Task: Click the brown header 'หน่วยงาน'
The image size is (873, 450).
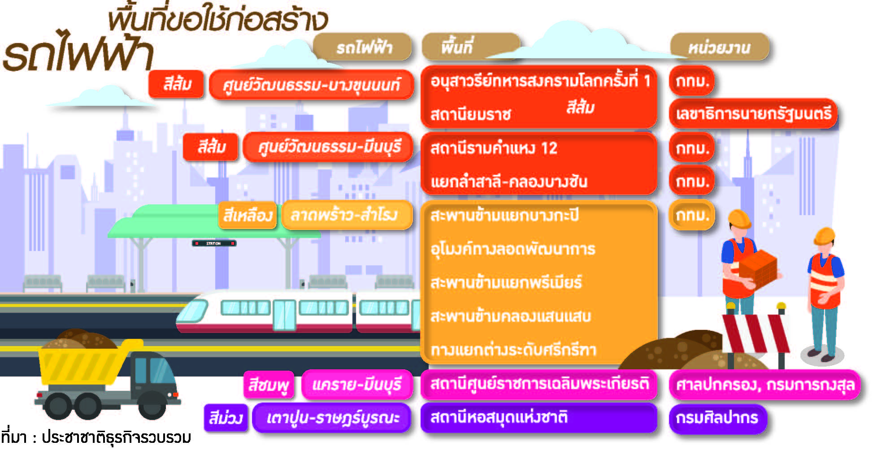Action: [x=719, y=47]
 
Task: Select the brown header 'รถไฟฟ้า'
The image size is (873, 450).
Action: [x=362, y=47]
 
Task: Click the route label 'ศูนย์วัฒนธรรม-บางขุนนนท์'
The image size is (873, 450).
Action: [x=312, y=84]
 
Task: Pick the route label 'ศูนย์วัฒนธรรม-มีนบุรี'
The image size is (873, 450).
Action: [x=328, y=147]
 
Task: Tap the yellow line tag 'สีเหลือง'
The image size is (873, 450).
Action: [x=248, y=216]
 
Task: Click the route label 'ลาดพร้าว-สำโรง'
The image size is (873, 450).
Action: [x=347, y=215]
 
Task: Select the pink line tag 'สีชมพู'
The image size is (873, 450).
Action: [x=269, y=385]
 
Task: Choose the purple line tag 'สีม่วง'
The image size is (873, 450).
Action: [x=226, y=418]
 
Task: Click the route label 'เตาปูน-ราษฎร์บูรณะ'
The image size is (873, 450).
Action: [x=332, y=418]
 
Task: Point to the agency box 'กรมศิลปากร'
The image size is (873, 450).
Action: [x=718, y=418]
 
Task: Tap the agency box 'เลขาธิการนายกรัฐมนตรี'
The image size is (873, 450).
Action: [x=753, y=113]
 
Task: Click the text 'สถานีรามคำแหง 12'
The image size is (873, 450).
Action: [x=494, y=148]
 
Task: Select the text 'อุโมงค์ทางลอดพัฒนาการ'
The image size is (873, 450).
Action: [x=513, y=249]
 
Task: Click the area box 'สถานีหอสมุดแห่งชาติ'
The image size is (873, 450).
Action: [x=539, y=418]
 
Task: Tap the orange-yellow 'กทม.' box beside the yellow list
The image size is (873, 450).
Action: [x=692, y=215]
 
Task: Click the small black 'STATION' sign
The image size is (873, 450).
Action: [x=214, y=243]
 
